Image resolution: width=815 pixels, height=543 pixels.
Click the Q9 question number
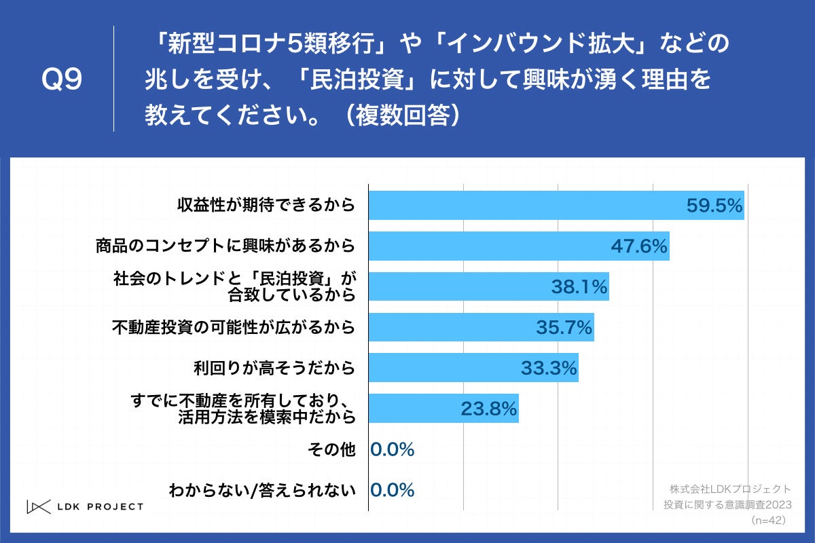pyautogui.click(x=62, y=80)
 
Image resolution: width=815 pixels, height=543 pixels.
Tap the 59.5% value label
pyautogui.click(x=714, y=206)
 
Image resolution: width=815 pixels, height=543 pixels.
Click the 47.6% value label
pyautogui.click(x=639, y=246)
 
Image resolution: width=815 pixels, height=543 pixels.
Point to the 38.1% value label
pyautogui.click(x=579, y=287)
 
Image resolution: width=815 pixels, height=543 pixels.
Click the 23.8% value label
pyautogui.click(x=489, y=409)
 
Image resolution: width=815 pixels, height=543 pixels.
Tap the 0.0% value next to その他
pyautogui.click(x=393, y=449)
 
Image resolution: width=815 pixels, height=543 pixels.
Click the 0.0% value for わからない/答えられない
pyautogui.click(x=393, y=490)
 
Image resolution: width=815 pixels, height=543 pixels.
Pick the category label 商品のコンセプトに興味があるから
pyautogui.click(x=225, y=246)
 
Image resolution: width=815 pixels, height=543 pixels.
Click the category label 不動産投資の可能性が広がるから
pyautogui.click(x=233, y=327)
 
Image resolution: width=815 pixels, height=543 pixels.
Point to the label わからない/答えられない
pyautogui.click(x=262, y=490)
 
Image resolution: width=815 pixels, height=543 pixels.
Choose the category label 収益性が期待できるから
pyautogui.click(x=266, y=205)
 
